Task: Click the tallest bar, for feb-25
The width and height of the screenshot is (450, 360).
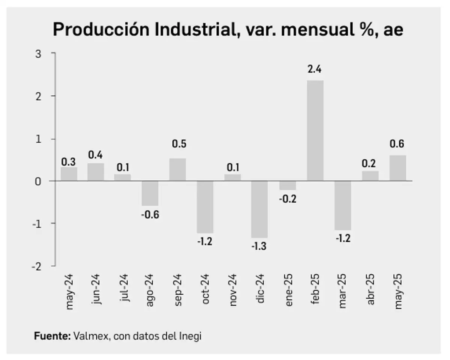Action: click(315, 130)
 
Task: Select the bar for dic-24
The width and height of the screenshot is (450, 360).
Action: click(259, 209)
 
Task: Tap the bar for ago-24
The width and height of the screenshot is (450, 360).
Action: click(150, 193)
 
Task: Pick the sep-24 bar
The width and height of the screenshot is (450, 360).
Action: click(177, 169)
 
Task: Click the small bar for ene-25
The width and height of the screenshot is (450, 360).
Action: click(288, 185)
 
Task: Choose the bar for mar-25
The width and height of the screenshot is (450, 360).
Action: click(343, 205)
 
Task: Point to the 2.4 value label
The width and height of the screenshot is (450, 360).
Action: click(315, 69)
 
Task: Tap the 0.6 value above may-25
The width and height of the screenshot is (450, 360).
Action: click(398, 144)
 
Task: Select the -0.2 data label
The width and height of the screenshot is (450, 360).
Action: click(288, 199)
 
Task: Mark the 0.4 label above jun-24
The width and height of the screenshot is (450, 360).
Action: click(96, 154)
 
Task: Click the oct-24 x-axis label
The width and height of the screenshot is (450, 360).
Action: click(205, 289)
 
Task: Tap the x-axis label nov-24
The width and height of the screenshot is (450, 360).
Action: click(233, 289)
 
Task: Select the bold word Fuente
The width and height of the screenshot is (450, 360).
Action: click(52, 336)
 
